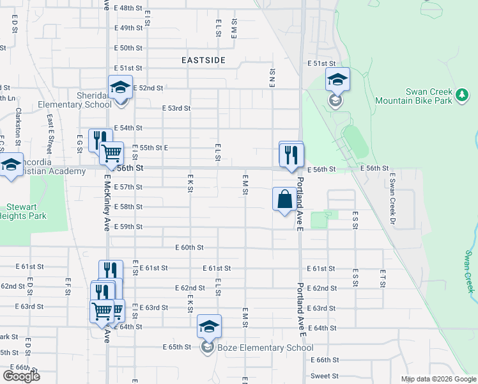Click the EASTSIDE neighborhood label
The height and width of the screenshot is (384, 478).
pyautogui.click(x=203, y=60)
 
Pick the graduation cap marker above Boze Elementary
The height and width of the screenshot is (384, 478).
pyautogui.click(x=209, y=326)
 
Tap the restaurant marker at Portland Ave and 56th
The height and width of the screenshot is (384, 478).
pyautogui.click(x=291, y=154)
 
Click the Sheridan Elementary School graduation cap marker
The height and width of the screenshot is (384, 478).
pyautogui.click(x=119, y=88)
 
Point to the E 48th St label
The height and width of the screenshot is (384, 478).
pyautogui.click(x=128, y=8)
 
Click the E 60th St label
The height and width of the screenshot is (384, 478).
pyautogui.click(x=190, y=247)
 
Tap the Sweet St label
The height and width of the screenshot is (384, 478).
pyautogui.click(x=325, y=376)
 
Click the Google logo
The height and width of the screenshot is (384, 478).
pyautogui.click(x=21, y=376)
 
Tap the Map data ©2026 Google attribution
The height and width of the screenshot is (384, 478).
pyautogui.click(x=438, y=379)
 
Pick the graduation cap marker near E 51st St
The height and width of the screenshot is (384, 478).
pyautogui.click(x=337, y=79)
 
